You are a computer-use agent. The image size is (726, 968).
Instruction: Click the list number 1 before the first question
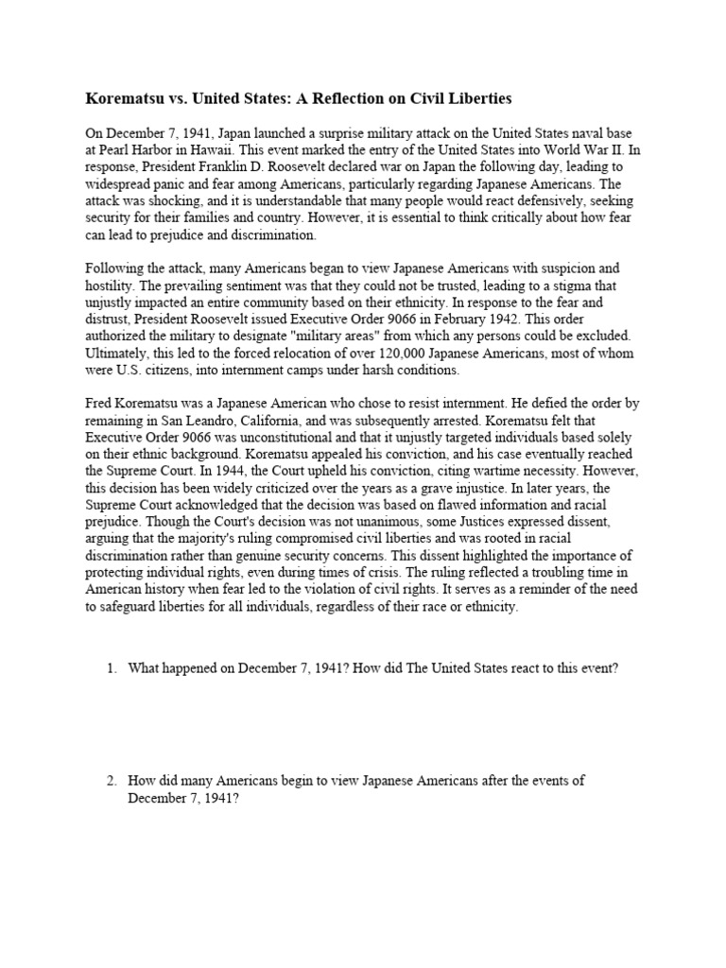pyautogui.click(x=112, y=668)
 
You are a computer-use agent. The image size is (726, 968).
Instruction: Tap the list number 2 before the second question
pyautogui.click(x=112, y=780)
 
